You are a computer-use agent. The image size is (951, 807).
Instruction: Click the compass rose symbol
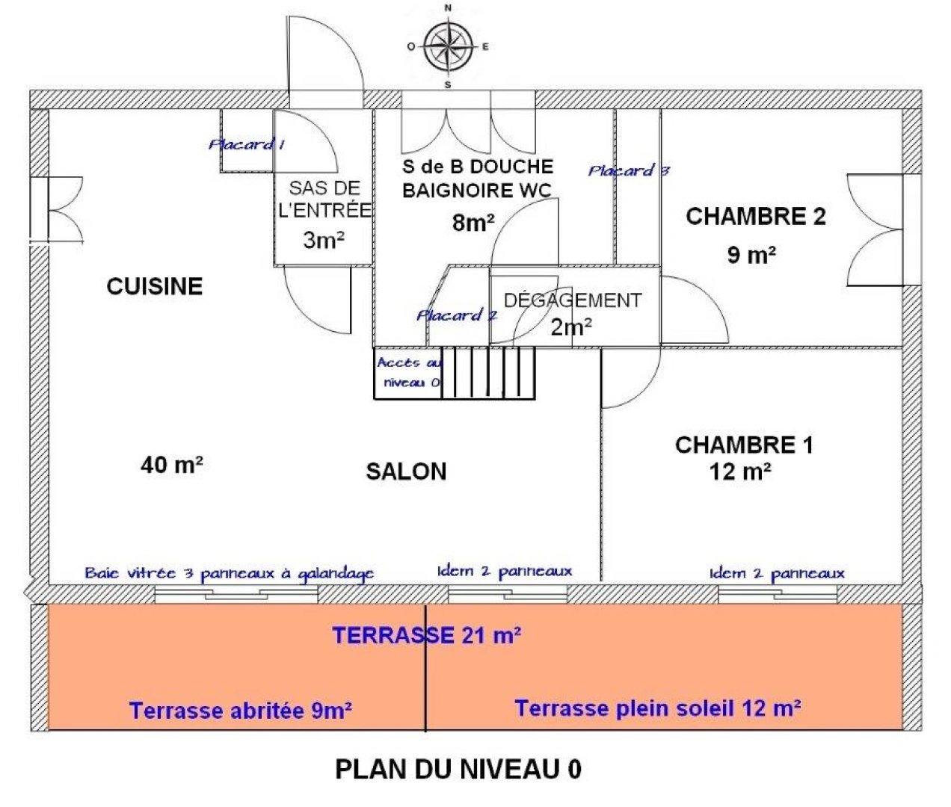coord(448,46)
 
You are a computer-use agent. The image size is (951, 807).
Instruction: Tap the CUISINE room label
coord(155,286)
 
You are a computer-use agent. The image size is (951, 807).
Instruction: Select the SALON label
coord(406,471)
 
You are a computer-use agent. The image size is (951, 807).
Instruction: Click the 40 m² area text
coord(172,465)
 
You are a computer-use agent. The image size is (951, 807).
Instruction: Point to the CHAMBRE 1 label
coord(744,445)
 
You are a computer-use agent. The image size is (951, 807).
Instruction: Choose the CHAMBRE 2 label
coord(756,217)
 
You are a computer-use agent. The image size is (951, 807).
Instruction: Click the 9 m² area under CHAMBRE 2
coord(751,255)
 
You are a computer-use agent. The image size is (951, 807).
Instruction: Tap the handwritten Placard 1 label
coord(246,144)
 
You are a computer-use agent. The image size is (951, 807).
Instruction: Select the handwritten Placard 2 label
coord(456,315)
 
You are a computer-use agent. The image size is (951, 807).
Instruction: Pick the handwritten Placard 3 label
coord(628,170)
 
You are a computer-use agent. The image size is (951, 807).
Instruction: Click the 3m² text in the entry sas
coord(324,240)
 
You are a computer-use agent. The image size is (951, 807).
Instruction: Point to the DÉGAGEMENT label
coord(573,300)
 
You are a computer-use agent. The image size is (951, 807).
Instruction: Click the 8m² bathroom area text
coord(473,222)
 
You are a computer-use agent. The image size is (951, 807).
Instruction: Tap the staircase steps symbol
coord(489,371)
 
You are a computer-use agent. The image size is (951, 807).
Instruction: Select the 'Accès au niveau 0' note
coord(409,372)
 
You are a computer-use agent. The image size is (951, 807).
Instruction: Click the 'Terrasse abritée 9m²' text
coord(241,710)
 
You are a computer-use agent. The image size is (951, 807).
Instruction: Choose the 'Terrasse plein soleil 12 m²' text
coord(658,708)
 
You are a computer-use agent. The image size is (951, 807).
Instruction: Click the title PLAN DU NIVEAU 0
coord(458,769)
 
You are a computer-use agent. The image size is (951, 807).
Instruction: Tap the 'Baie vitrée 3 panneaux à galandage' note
coord(229,574)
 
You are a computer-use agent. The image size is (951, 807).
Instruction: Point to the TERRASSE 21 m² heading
coord(426,635)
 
